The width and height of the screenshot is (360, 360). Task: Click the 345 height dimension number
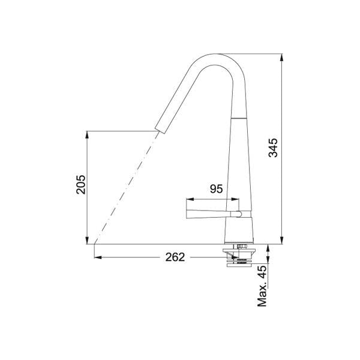pyautogui.click(x=273, y=148)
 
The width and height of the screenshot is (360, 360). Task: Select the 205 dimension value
pyautogui.click(x=81, y=185)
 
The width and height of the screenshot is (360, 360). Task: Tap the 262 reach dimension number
pyautogui.click(x=175, y=257)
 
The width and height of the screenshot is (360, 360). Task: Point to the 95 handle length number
pyautogui.click(x=216, y=189)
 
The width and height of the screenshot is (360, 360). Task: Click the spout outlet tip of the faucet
pyautogui.click(x=160, y=130)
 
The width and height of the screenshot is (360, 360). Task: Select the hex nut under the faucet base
pyautogui.click(x=242, y=247)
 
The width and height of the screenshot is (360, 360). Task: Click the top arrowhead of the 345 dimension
pyautogui.click(x=282, y=58)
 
